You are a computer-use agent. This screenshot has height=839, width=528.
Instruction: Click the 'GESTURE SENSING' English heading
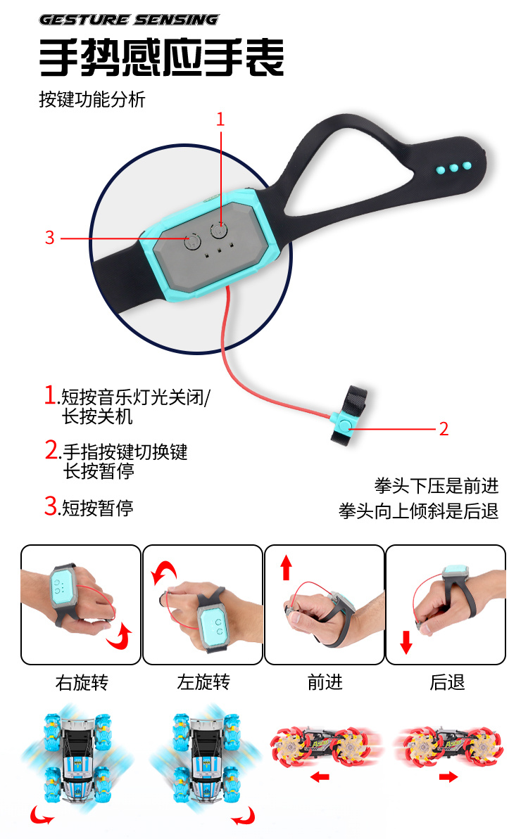coord(129,20)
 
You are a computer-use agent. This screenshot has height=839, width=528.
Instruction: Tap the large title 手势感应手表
coord(161,58)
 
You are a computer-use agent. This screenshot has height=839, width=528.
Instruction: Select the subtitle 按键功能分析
coord(92,99)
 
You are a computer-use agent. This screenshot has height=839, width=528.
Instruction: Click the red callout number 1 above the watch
coord(220,120)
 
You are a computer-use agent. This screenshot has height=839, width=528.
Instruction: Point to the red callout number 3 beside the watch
coord(50,238)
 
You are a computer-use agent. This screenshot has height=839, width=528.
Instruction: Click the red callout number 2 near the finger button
coord(444,428)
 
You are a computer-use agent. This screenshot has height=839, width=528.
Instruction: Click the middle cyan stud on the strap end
coord(454,168)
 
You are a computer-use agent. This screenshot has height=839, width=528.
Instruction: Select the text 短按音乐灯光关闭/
coord(136,397)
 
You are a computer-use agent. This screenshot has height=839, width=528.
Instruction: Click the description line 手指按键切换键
coord(125,451)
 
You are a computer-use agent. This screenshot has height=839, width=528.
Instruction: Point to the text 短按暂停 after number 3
coord(97,507)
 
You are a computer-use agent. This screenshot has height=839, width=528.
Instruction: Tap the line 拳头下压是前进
coord(436,486)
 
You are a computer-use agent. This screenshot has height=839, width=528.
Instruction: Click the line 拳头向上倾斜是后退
coord(419,511)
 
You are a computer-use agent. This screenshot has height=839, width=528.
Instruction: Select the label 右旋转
coord(82,682)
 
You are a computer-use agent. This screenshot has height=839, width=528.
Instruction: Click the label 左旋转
coord(203,682)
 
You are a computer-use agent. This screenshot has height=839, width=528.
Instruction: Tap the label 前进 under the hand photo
coord(325,682)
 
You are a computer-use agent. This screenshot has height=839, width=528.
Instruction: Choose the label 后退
coord(447,682)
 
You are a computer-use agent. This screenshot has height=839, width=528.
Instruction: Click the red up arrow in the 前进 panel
coord(287,568)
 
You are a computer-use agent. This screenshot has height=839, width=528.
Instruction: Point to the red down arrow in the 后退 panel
coord(406,641)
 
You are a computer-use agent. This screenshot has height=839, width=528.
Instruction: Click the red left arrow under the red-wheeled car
coord(320,776)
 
